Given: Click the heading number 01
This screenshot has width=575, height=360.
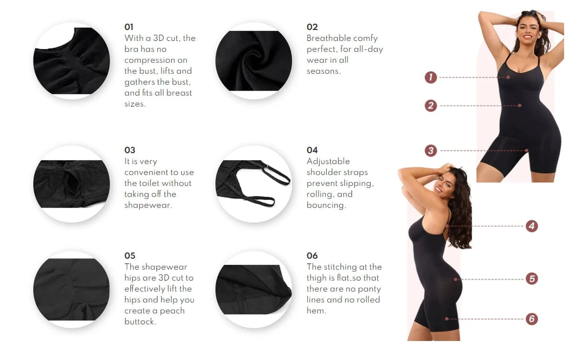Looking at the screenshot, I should [x=129, y=27].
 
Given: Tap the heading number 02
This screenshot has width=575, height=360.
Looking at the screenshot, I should [x=312, y=27].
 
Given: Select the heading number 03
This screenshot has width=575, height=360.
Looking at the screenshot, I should [x=130, y=150].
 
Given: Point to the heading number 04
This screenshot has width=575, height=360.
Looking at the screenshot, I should [x=312, y=150].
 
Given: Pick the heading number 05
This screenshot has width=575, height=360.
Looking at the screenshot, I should [x=130, y=255].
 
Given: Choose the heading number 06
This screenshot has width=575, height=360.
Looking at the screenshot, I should [x=312, y=255].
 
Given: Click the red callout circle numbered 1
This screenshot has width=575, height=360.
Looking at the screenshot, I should [x=431, y=77].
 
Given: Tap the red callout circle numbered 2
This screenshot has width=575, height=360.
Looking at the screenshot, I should [x=431, y=105].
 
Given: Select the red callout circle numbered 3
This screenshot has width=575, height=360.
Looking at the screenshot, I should [x=431, y=151].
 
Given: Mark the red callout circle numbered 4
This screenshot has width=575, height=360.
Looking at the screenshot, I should [x=531, y=226].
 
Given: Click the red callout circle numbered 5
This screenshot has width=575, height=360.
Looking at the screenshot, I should [x=531, y=279].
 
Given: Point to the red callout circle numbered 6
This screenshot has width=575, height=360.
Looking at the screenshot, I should [x=531, y=319].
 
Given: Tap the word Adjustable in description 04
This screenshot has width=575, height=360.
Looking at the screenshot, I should [x=328, y=161].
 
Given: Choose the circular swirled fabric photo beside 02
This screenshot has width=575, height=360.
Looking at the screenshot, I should [x=253, y=61].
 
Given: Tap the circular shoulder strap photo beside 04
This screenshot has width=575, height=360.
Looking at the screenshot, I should [x=253, y=184].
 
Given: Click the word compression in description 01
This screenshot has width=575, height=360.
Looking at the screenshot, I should [x=156, y=60].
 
